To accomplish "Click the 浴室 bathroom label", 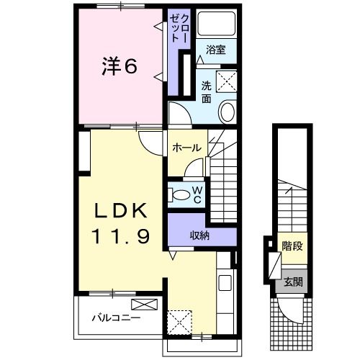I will click(215, 50).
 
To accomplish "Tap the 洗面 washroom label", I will click(207, 91).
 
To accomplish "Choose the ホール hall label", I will click(186, 148).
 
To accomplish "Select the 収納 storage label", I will click(200, 235).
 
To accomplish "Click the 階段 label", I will click(292, 246).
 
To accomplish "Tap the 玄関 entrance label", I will click(292, 282).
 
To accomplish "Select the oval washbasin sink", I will click(227, 111).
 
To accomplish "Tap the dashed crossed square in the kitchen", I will click(179, 320).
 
